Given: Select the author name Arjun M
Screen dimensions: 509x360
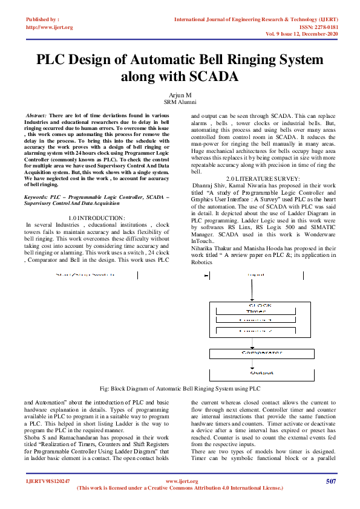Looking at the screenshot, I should click(x=180, y=95).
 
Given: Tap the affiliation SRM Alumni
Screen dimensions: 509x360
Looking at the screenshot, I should click(x=180, y=102).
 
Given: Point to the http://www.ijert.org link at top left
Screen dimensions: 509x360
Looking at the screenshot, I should click(x=49, y=27).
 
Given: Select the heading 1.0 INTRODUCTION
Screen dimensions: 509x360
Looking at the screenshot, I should click(x=97, y=217).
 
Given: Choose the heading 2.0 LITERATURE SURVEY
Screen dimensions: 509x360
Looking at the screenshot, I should click(x=263, y=178).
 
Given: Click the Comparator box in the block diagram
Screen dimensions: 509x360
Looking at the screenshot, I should click(x=262, y=352).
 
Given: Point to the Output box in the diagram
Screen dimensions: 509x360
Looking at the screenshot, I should click(x=262, y=373).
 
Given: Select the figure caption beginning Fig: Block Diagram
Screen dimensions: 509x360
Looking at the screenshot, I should click(x=180, y=388).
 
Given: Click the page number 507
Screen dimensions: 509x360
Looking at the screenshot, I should click(x=330, y=481).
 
